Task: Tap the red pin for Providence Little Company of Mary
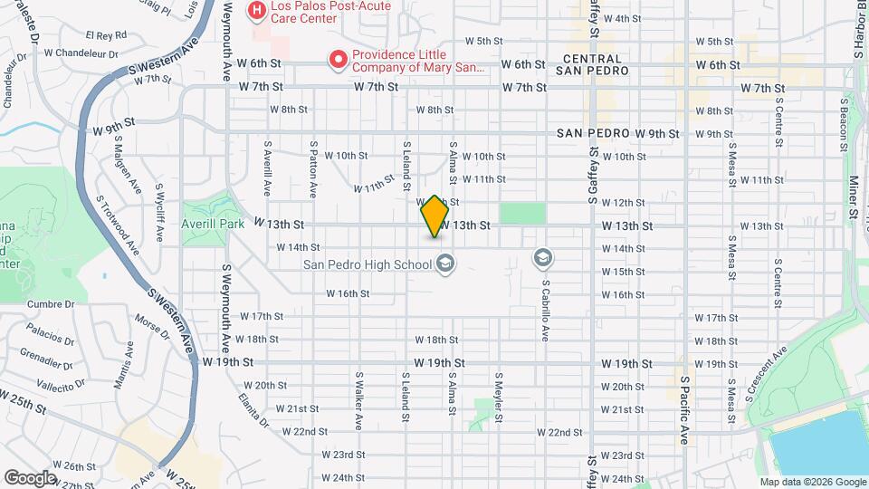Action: point(339,60)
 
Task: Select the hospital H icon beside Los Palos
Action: point(257,11)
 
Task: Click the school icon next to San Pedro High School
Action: point(444,264)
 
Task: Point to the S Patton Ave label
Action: point(313,169)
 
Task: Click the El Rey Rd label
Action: point(105,35)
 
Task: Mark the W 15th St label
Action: point(623,272)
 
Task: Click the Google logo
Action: point(30,477)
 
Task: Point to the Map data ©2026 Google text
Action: point(812,482)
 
